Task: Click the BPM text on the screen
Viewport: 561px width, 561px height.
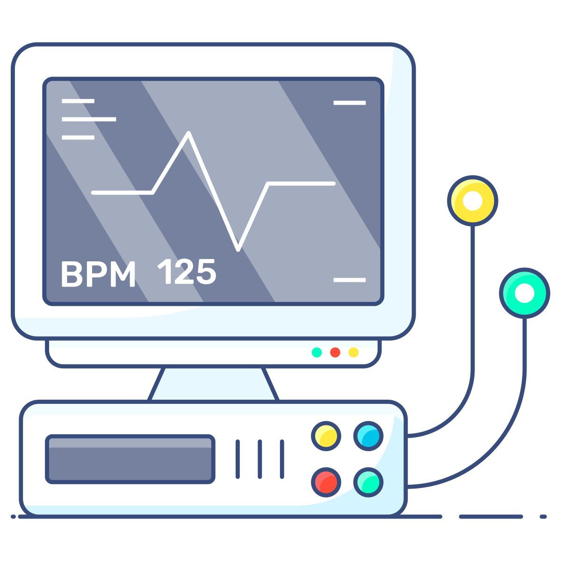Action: pyautogui.click(x=98, y=273)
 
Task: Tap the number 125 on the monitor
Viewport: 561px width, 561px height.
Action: pyautogui.click(x=187, y=272)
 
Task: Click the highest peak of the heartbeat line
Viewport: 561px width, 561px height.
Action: pyautogui.click(x=188, y=134)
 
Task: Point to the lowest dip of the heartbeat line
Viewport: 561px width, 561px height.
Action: pyautogui.click(x=238, y=249)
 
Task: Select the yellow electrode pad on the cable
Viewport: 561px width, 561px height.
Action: pyautogui.click(x=472, y=201)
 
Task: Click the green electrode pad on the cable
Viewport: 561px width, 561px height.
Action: pyautogui.click(x=524, y=293)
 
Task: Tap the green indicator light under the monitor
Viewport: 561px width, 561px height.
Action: pyautogui.click(x=317, y=352)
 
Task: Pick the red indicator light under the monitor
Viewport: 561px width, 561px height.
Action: pyautogui.click(x=335, y=352)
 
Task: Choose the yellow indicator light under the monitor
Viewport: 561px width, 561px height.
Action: pyautogui.click(x=353, y=352)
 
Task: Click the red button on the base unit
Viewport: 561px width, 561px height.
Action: pyautogui.click(x=326, y=482)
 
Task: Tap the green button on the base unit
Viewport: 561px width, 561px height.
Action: pyautogui.click(x=368, y=482)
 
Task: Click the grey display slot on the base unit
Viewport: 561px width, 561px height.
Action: pyautogui.click(x=130, y=459)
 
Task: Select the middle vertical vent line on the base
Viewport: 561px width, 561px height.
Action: pyautogui.click(x=260, y=459)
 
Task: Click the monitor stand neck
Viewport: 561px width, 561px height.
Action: pyautogui.click(x=214, y=384)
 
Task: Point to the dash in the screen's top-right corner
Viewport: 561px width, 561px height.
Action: pyautogui.click(x=349, y=102)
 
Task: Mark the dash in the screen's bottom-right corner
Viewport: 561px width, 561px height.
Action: pyautogui.click(x=349, y=280)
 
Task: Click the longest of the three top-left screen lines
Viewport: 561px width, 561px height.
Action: pyautogui.click(x=89, y=119)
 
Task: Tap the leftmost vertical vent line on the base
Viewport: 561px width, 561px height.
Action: pyautogui.click(x=237, y=459)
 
